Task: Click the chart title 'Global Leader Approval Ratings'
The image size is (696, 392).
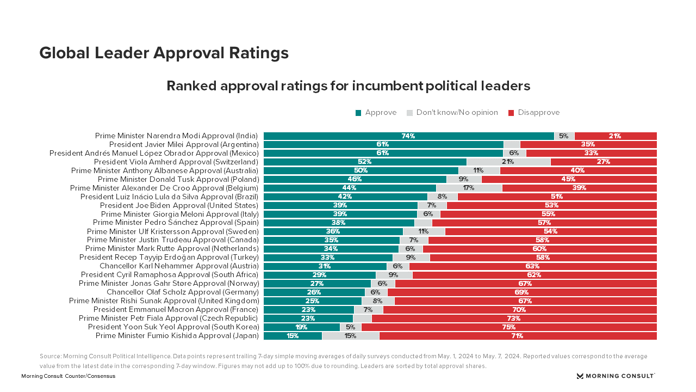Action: coord(164,53)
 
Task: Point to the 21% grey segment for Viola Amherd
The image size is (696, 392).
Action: coord(508,162)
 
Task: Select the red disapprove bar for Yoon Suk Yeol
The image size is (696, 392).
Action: coord(509,327)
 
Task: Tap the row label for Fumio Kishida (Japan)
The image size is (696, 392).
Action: coord(177,336)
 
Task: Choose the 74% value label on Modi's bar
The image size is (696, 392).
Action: coord(408,136)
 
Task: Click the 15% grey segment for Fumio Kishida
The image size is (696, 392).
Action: coord(350,336)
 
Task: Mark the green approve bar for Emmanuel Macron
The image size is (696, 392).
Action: coord(309,310)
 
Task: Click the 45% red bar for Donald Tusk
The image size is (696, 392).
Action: coord(569,179)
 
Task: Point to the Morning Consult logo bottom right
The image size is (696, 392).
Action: coord(616,376)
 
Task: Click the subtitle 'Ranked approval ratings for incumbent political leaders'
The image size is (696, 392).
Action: coord(348,86)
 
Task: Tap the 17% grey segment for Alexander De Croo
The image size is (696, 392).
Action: coord(469,188)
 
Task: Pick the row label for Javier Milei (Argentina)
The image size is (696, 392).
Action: coord(183,144)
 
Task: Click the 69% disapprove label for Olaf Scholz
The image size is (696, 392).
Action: coord(522,292)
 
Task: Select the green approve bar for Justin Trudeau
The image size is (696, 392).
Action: coord(332,240)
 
